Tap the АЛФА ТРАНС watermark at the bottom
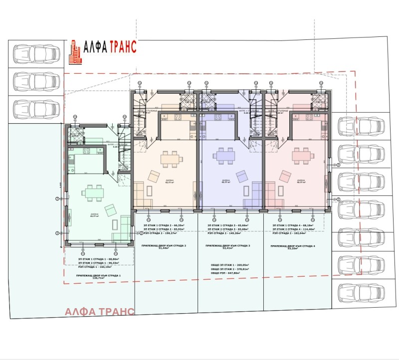[x=99, y=312]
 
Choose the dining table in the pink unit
[x=301, y=157]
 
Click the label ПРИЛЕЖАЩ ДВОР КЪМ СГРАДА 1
[x=99, y=275]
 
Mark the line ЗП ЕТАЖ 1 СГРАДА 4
[x=293, y=225]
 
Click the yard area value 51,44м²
[x=165, y=250]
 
